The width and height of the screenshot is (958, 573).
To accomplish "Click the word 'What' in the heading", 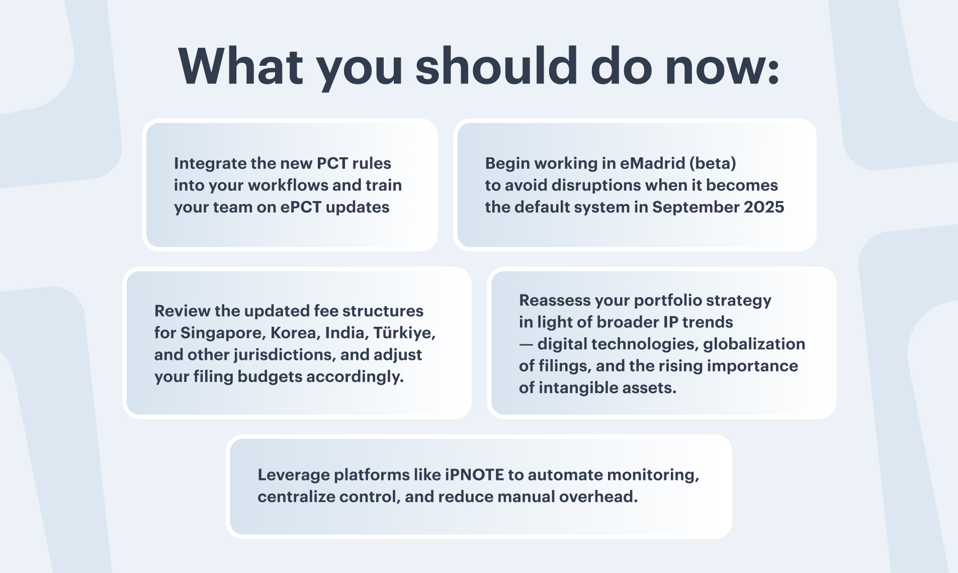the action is [241, 66].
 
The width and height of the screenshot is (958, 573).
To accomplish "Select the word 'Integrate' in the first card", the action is [204, 164].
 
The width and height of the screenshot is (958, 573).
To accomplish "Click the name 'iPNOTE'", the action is [474, 474].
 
